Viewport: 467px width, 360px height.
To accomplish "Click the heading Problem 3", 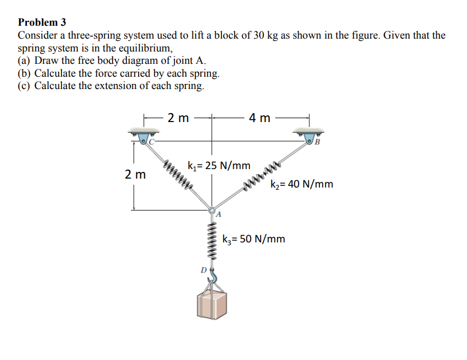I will pos(42,22).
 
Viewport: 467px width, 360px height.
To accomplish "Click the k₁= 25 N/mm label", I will pos(219,166).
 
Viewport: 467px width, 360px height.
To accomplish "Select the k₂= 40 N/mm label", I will pos(301,184).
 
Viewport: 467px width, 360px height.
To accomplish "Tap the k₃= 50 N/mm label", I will pos(253,239).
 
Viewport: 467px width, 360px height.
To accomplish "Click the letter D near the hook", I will pos(204,270).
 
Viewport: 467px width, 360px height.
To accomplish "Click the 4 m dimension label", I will pos(260,118).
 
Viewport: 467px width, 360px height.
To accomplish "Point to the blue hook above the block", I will pos(213,277).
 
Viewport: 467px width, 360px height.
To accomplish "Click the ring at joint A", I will pos(212,211).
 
